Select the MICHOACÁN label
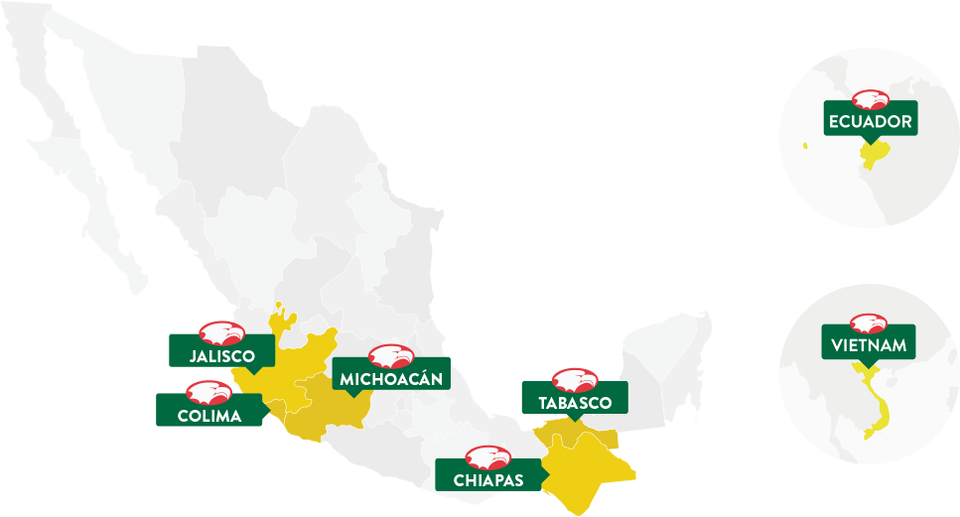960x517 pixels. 390,378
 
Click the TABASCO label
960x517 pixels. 575,403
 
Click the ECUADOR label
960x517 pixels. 869,122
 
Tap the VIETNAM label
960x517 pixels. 869,346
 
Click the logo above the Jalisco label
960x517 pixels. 220,332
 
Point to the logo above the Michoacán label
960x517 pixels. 390,355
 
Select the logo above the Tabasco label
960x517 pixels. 575,379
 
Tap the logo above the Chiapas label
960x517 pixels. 488,457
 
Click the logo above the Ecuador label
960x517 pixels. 870,99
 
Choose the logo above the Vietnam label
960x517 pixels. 870,323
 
